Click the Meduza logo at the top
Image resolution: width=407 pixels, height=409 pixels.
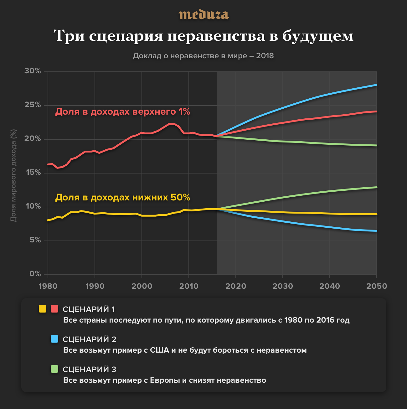coord(203,15)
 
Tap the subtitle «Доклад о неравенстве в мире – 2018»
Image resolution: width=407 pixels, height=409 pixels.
coord(203,56)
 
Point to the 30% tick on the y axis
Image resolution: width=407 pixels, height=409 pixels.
coord(33,71)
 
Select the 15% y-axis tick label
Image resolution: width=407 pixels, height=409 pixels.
coord(33,173)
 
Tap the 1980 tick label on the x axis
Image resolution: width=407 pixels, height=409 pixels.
coord(48,286)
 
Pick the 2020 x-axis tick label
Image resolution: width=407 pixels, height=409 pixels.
coord(236,286)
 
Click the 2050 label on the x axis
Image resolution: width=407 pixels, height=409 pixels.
coord(376,286)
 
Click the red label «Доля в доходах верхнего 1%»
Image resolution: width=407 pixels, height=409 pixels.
coord(123,112)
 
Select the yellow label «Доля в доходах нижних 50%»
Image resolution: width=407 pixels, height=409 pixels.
coord(123,198)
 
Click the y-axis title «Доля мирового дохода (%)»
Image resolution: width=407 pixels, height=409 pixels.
coord(13,175)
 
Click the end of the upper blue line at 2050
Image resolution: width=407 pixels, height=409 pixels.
coord(376,85)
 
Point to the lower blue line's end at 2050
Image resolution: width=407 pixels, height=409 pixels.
coord(376,231)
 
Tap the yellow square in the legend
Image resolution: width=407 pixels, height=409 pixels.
coord(43,309)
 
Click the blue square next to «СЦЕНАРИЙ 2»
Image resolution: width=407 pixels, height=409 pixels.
coord(54,339)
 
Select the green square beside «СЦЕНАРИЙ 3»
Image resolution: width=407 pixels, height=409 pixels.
coord(54,369)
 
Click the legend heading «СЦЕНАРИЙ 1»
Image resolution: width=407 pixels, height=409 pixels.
coord(89,309)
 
